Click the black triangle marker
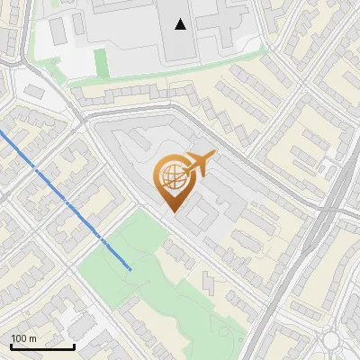181,24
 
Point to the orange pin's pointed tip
172,210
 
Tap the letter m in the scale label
33,338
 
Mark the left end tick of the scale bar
11,346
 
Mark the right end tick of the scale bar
74,346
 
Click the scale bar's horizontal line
42,347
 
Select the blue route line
63,198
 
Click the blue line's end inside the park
130,269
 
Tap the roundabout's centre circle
332,341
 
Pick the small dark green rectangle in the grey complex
101,60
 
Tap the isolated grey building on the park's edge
209,282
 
